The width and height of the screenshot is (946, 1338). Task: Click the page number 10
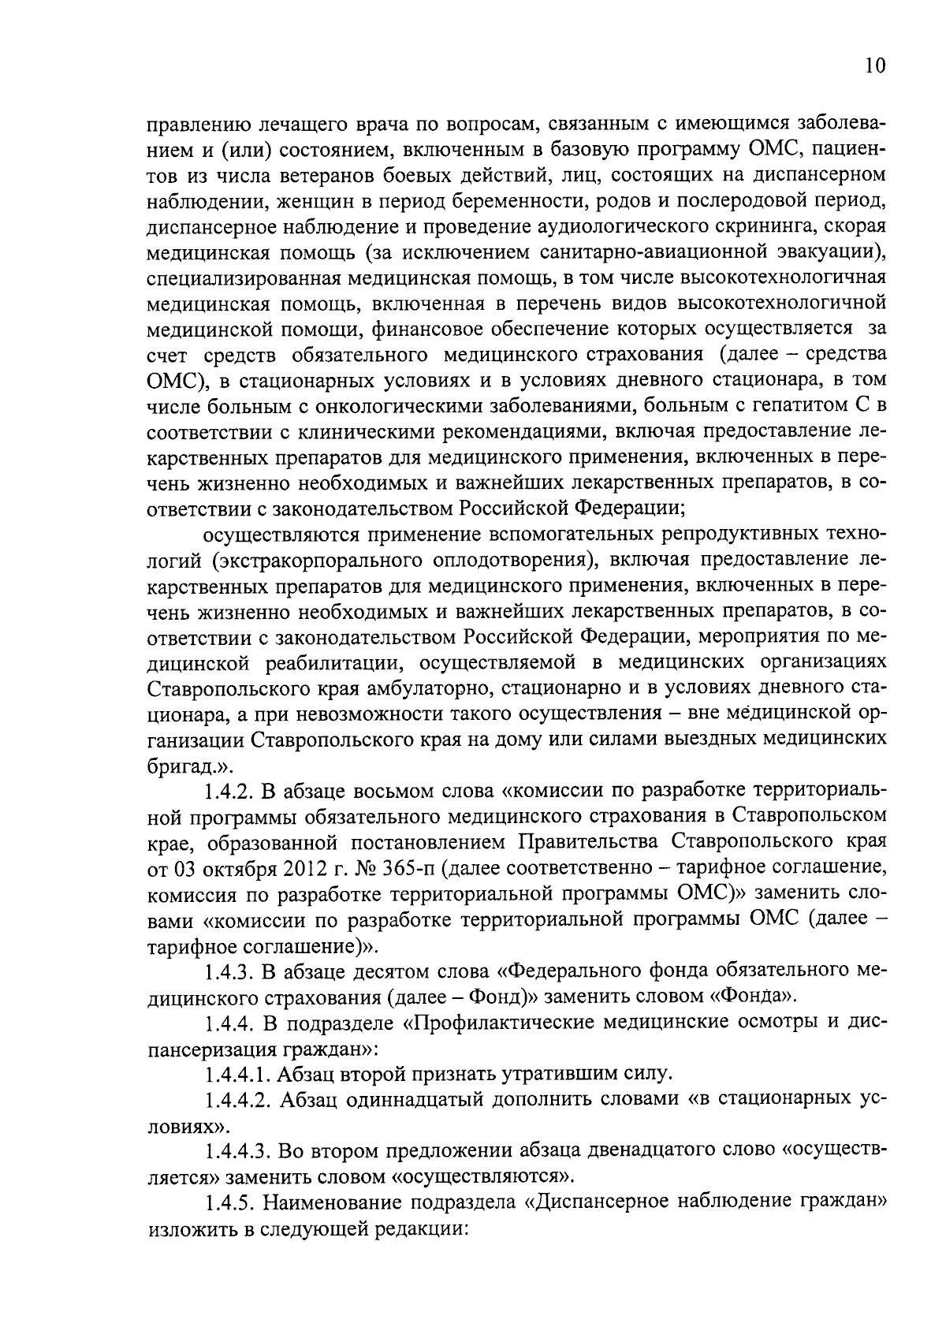tap(874, 65)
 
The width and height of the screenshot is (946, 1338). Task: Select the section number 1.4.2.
tap(229, 792)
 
